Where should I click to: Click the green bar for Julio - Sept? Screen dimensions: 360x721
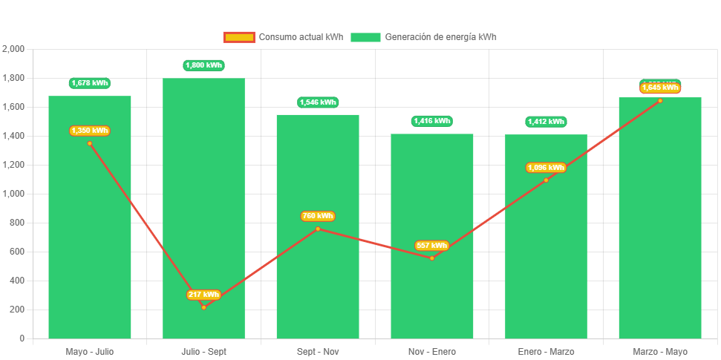[x=203, y=208]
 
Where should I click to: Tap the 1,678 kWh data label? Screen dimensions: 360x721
[x=90, y=83]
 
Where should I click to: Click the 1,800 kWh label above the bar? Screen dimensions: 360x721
[x=203, y=65]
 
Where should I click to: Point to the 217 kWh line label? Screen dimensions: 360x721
[x=203, y=295]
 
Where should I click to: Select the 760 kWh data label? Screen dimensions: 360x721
[x=318, y=216]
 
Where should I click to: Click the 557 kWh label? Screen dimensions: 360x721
[x=431, y=246]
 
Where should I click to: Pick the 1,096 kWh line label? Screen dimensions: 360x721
[x=546, y=168]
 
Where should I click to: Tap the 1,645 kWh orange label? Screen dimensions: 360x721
[x=660, y=88]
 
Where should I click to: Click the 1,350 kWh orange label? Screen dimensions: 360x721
[x=90, y=131]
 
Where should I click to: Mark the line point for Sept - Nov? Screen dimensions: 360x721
[x=318, y=229]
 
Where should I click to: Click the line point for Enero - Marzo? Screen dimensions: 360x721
[x=546, y=180]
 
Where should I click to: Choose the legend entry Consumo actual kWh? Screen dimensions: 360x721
[x=283, y=37]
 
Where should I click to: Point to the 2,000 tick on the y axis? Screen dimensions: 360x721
[x=13, y=49]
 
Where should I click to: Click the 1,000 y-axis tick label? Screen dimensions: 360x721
[x=13, y=194]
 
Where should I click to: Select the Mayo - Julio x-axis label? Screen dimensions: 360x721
[x=90, y=351]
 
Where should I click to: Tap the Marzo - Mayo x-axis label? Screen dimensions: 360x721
[x=660, y=351]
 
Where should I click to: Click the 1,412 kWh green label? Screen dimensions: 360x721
[x=546, y=122]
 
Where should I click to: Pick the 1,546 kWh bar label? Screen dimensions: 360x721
[x=318, y=102]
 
